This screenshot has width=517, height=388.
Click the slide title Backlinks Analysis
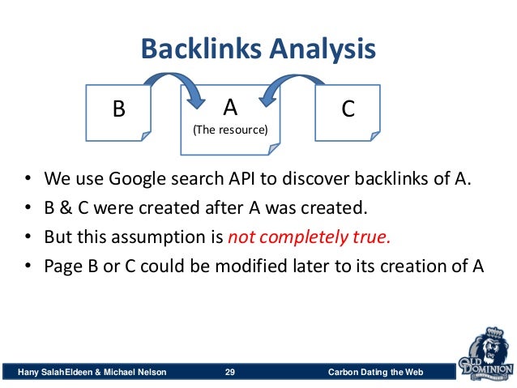(x=258, y=50)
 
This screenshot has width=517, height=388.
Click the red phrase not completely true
(x=309, y=237)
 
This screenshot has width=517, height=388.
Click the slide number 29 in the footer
(x=229, y=372)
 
